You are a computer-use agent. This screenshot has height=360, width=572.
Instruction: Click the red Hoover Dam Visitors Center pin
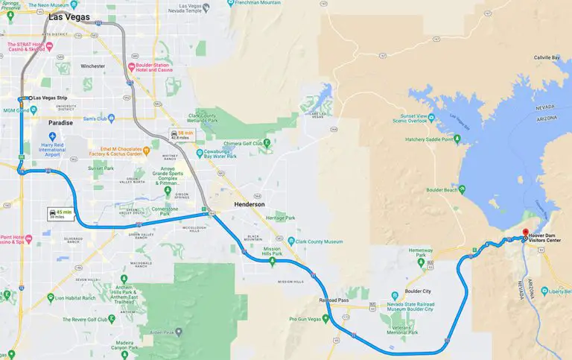click(x=525, y=233)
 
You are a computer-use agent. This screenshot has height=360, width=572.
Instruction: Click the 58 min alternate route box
click(x=181, y=134)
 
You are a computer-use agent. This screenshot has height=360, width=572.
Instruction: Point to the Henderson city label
click(x=250, y=204)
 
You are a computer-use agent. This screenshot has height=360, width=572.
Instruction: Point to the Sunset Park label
click(x=102, y=168)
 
